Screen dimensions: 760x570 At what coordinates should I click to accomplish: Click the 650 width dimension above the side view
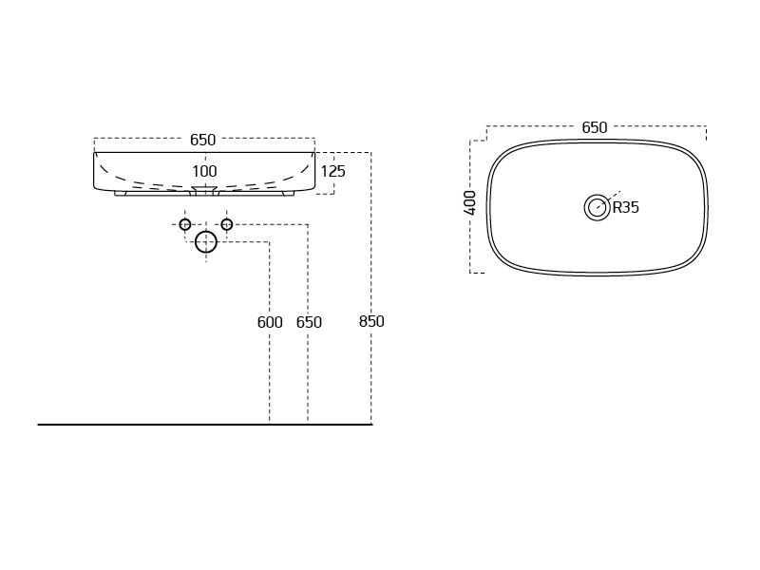pos(202,140)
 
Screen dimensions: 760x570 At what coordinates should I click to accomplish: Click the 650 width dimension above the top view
pos(595,127)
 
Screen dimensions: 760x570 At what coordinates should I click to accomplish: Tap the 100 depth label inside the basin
pos(204,171)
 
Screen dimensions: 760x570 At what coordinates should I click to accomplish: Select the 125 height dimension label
pos(333,171)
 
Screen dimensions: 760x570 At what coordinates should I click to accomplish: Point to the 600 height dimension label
pos(270,322)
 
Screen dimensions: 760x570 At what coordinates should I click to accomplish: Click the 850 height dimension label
pos(371,321)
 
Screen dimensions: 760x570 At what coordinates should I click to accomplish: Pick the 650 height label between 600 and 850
pos(309,322)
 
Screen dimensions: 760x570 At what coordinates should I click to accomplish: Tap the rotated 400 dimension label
pos(469,202)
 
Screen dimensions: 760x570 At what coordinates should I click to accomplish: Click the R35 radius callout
pos(626,207)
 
